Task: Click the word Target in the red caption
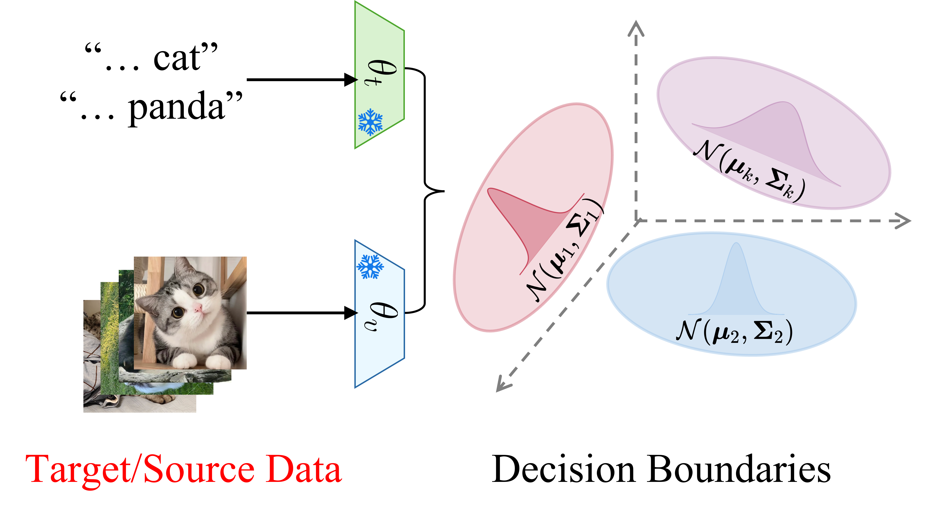click(77, 470)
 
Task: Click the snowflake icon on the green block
click(370, 122)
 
